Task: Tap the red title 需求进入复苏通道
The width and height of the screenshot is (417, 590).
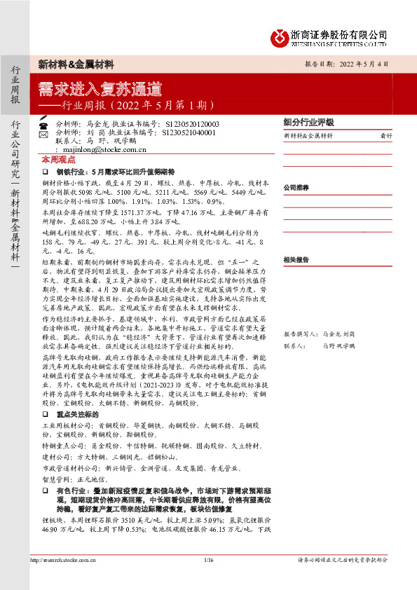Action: coord(100,89)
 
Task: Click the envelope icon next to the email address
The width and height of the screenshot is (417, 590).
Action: coord(43,149)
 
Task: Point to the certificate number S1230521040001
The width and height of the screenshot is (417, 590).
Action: coord(188,132)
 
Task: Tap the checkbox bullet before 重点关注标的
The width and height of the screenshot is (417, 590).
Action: coord(45,414)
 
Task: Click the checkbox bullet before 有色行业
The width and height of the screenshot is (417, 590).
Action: coord(45,491)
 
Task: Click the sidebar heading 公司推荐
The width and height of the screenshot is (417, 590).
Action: coord(296,188)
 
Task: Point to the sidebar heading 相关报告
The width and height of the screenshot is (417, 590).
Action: coord(296,259)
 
